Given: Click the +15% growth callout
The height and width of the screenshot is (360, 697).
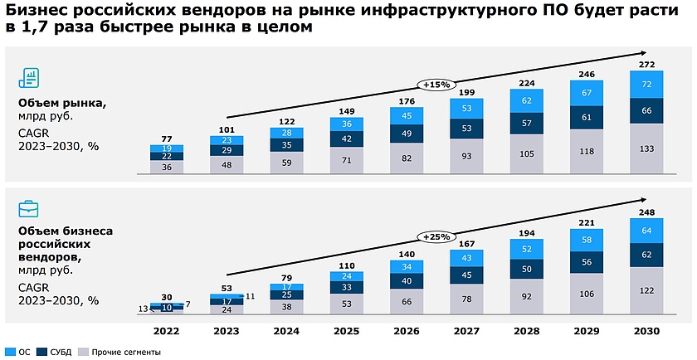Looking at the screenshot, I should point(436,84).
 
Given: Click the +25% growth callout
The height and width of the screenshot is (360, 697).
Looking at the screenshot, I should point(436,237).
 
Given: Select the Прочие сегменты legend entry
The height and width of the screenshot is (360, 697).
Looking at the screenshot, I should point(120,352).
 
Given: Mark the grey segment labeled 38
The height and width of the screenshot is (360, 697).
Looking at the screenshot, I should point(285,305).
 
